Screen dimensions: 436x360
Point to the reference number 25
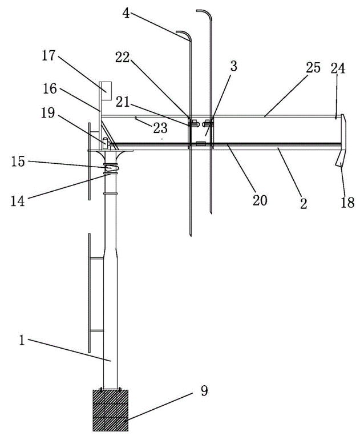coord(313,67)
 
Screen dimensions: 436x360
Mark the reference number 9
coord(204,391)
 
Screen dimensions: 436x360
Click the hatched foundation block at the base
coord(110,410)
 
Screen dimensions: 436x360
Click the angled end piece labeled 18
coord(342,143)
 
